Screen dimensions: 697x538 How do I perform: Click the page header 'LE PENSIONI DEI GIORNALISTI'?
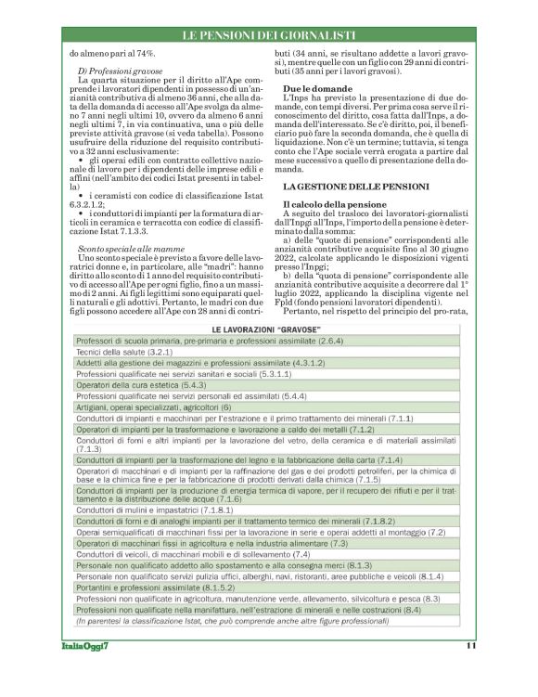[x=268, y=34]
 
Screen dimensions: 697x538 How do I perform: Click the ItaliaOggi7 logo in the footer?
[x=84, y=645]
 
